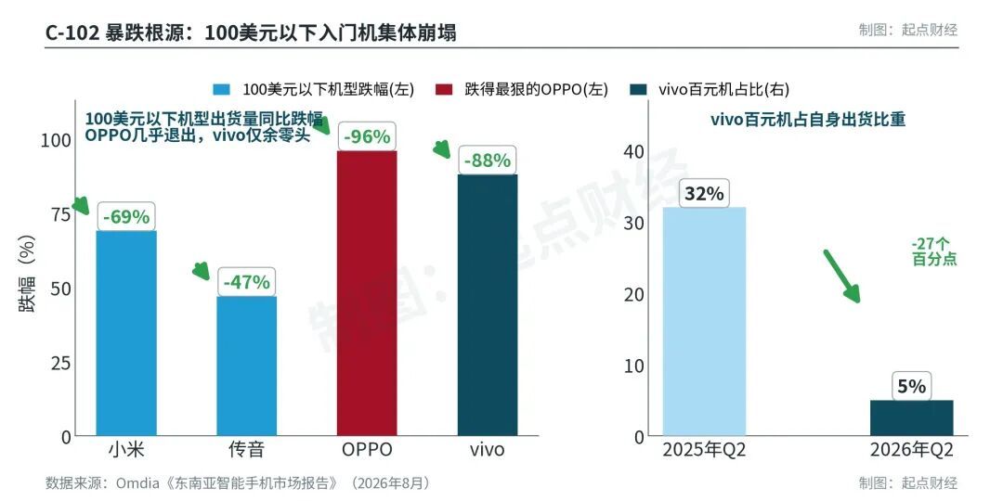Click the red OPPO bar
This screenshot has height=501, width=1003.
click(x=367, y=293)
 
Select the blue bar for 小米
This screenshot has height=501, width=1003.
click(x=126, y=334)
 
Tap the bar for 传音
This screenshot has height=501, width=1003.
click(x=247, y=366)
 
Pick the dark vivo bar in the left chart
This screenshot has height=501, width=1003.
click(x=488, y=305)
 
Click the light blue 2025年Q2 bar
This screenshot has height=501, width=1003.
click(x=704, y=321)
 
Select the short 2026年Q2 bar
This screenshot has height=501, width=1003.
click(x=912, y=417)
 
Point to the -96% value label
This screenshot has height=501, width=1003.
click(x=367, y=136)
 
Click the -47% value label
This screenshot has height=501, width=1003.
click(x=247, y=282)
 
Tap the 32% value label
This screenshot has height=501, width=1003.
click(x=704, y=194)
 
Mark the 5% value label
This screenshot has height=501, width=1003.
click(x=912, y=387)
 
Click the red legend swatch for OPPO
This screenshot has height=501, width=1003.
click(x=444, y=89)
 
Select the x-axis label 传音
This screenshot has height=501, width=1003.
click(x=247, y=449)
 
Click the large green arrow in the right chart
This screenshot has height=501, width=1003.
click(x=841, y=276)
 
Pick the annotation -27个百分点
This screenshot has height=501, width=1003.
click(x=934, y=251)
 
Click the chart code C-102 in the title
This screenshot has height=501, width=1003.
click(x=71, y=32)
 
